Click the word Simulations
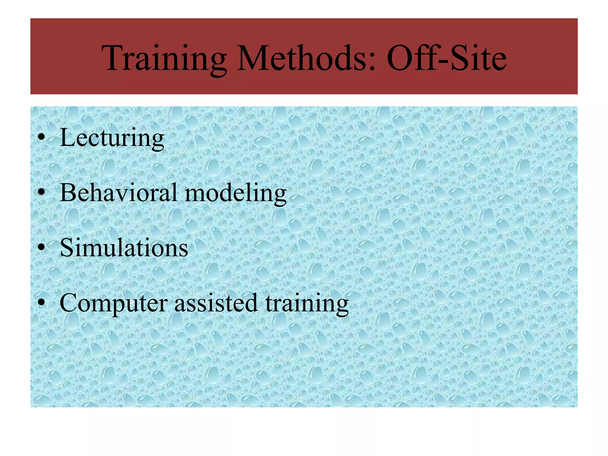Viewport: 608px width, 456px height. coord(124,248)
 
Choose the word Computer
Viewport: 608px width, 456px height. coord(114,303)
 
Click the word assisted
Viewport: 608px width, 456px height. coord(216,303)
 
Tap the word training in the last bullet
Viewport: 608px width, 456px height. coord(307,303)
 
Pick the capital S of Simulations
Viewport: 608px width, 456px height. coord(66,248)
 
